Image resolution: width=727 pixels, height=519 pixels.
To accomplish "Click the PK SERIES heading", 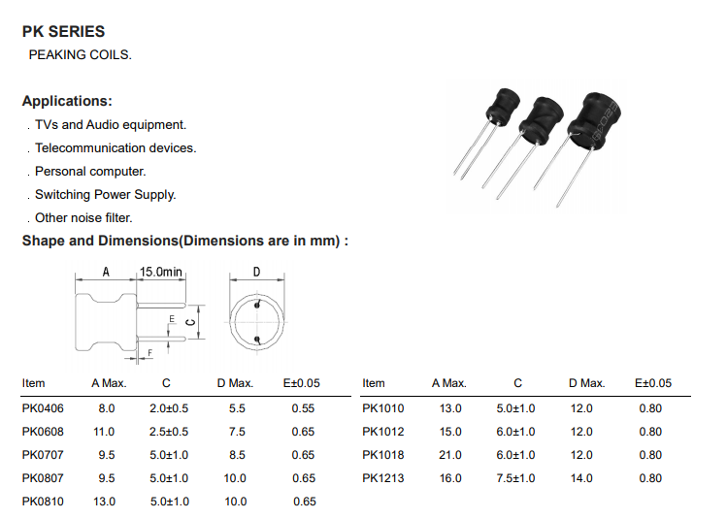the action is [x=63, y=31].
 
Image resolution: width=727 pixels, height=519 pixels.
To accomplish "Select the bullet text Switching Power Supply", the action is [x=105, y=195].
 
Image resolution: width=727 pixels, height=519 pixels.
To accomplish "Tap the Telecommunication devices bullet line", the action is [x=116, y=147].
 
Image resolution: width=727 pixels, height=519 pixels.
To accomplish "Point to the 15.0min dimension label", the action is [x=161, y=272].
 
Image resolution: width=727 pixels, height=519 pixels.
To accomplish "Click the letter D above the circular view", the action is [x=256, y=272].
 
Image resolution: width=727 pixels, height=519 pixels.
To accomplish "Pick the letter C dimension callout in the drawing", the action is [x=190, y=322].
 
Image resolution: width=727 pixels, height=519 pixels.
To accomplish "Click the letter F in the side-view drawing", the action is [x=149, y=353].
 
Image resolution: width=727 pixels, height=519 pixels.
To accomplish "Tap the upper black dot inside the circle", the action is [x=257, y=305].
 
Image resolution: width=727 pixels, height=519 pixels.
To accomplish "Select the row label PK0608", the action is [x=43, y=432].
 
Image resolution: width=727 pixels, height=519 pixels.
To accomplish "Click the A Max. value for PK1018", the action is [x=450, y=455].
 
